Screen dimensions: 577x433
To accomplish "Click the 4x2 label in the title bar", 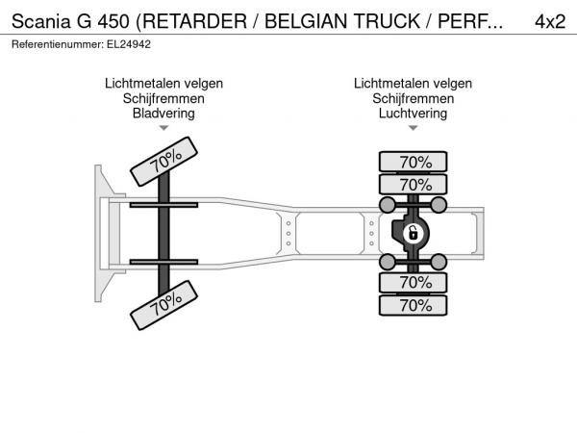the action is coord(550,21).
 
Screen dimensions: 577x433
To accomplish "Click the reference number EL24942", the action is coord(129,44).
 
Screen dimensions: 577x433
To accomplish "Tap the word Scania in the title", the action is coord(40,21).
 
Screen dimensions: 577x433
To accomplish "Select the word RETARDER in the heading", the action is coord(194,21).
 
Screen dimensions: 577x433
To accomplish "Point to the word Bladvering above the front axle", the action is coord(163,113).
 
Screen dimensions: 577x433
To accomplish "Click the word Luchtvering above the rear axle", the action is coord(413,113).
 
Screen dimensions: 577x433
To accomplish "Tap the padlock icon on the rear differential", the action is coord(414,234).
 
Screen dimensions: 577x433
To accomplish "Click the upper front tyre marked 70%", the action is coord(164,162).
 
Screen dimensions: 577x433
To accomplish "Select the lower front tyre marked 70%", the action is coord(164,305).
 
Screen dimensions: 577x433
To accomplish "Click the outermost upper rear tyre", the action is coord(413,162).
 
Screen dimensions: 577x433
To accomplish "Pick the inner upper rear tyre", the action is coord(413,185).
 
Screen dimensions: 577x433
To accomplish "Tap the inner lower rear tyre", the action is coord(413,283).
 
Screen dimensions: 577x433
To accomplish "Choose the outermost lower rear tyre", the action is coord(413,305).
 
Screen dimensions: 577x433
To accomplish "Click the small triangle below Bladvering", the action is coord(163,128).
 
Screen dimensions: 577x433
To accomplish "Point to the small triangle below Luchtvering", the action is coord(414,128).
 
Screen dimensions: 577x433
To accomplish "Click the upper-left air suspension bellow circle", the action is coord(388,205).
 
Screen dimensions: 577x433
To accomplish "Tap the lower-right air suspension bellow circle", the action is coord(439,262).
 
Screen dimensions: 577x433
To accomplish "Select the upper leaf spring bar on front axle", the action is coord(163,205).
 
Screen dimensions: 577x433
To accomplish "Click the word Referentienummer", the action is coord(58,44).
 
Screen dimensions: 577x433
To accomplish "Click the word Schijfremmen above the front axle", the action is coord(163,98).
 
